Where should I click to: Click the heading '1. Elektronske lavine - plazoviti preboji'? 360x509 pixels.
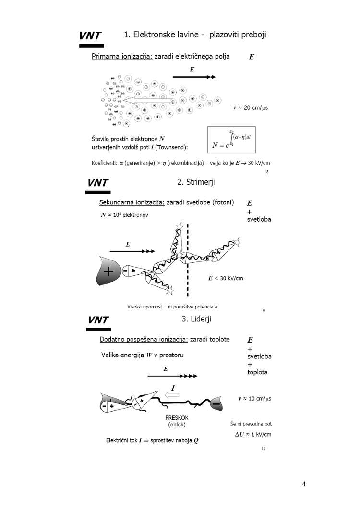click(195, 35)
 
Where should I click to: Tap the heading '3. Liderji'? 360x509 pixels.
click(194, 318)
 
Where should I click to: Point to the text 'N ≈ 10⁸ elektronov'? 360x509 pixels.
click(124, 215)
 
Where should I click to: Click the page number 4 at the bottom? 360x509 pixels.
click(304, 484)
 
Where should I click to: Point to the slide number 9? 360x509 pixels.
click(264, 311)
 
